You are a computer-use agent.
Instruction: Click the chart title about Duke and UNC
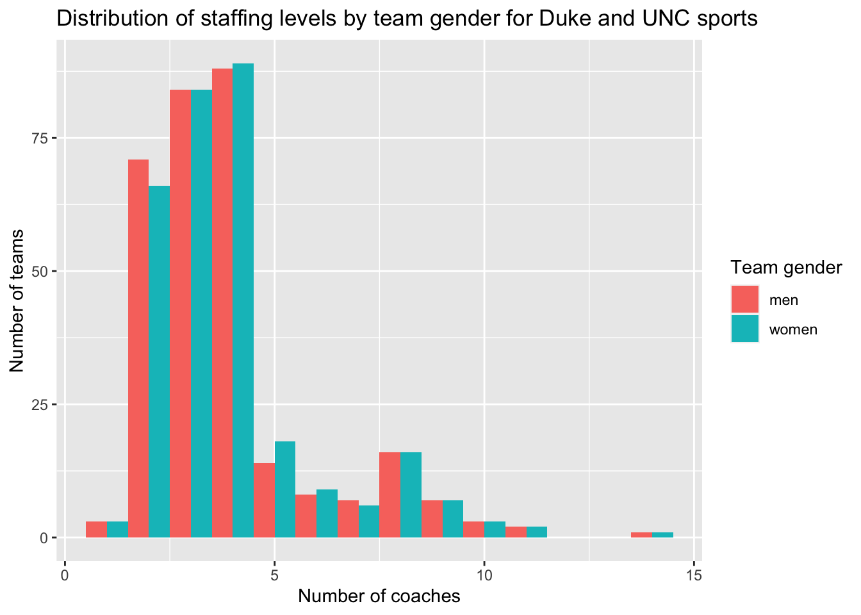tap(407, 19)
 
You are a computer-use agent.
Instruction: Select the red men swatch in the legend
tap(744, 299)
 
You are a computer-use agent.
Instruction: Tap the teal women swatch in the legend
tap(744, 329)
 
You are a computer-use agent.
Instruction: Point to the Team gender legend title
tap(786, 268)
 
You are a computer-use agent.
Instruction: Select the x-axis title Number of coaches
tap(379, 596)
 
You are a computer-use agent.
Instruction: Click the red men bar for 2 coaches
tap(138, 348)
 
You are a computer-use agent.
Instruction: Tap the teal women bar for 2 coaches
tap(160, 362)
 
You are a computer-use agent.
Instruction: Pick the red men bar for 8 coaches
tap(390, 495)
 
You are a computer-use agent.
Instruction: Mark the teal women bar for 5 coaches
tap(285, 489)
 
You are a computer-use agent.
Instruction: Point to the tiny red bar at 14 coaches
tap(641, 535)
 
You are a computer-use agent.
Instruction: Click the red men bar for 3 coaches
tap(181, 314)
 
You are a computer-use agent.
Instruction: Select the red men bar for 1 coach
tap(97, 530)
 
